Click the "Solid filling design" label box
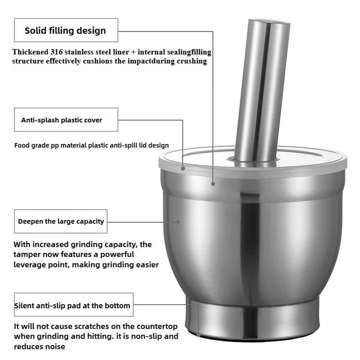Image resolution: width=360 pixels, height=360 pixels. (66, 30)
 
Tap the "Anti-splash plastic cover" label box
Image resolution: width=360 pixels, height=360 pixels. (66, 120)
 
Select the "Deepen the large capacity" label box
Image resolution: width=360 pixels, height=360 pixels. (61, 221)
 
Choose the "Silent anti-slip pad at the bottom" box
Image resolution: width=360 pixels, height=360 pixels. (73, 306)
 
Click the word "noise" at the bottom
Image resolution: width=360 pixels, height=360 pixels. (55, 347)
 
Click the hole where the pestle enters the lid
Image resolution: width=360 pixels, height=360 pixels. (252, 159)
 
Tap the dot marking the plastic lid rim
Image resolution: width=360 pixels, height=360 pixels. (183, 168)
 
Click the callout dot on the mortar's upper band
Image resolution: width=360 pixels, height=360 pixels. (213, 184)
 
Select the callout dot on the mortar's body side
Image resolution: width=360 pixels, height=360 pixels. (178, 222)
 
